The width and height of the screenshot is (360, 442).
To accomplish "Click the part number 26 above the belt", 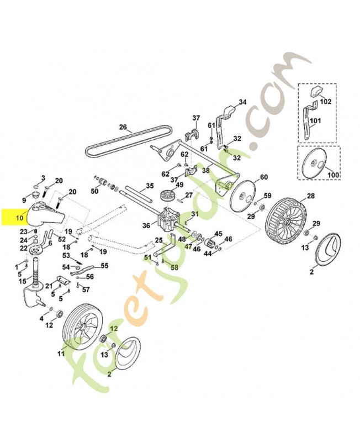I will (x=123, y=127).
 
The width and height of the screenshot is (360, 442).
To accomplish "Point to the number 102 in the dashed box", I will (x=325, y=102).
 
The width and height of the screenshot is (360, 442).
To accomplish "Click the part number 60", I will (x=263, y=177).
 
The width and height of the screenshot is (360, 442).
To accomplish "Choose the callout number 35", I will (x=149, y=186).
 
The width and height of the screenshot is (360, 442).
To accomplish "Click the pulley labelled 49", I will (x=165, y=198).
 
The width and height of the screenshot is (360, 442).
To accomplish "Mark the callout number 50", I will (x=94, y=191).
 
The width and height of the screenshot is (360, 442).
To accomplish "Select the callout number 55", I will (x=105, y=266).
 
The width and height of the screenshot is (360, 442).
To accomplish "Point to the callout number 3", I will (x=43, y=177).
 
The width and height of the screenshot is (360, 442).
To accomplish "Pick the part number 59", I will (x=267, y=196).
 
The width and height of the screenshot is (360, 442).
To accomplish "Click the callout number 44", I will (x=208, y=254).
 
